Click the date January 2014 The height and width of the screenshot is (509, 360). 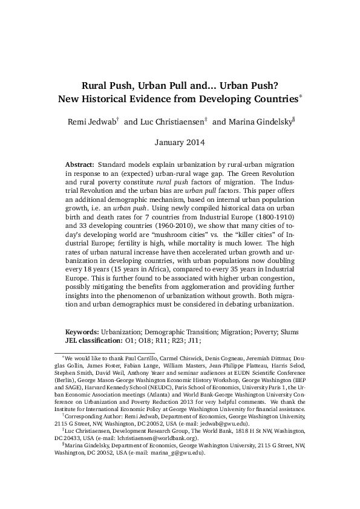coord(180,143)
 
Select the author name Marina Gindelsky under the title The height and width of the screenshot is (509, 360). coord(253,122)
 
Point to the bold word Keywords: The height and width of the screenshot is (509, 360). coord(82,332)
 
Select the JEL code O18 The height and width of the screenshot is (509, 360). coord(145,341)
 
